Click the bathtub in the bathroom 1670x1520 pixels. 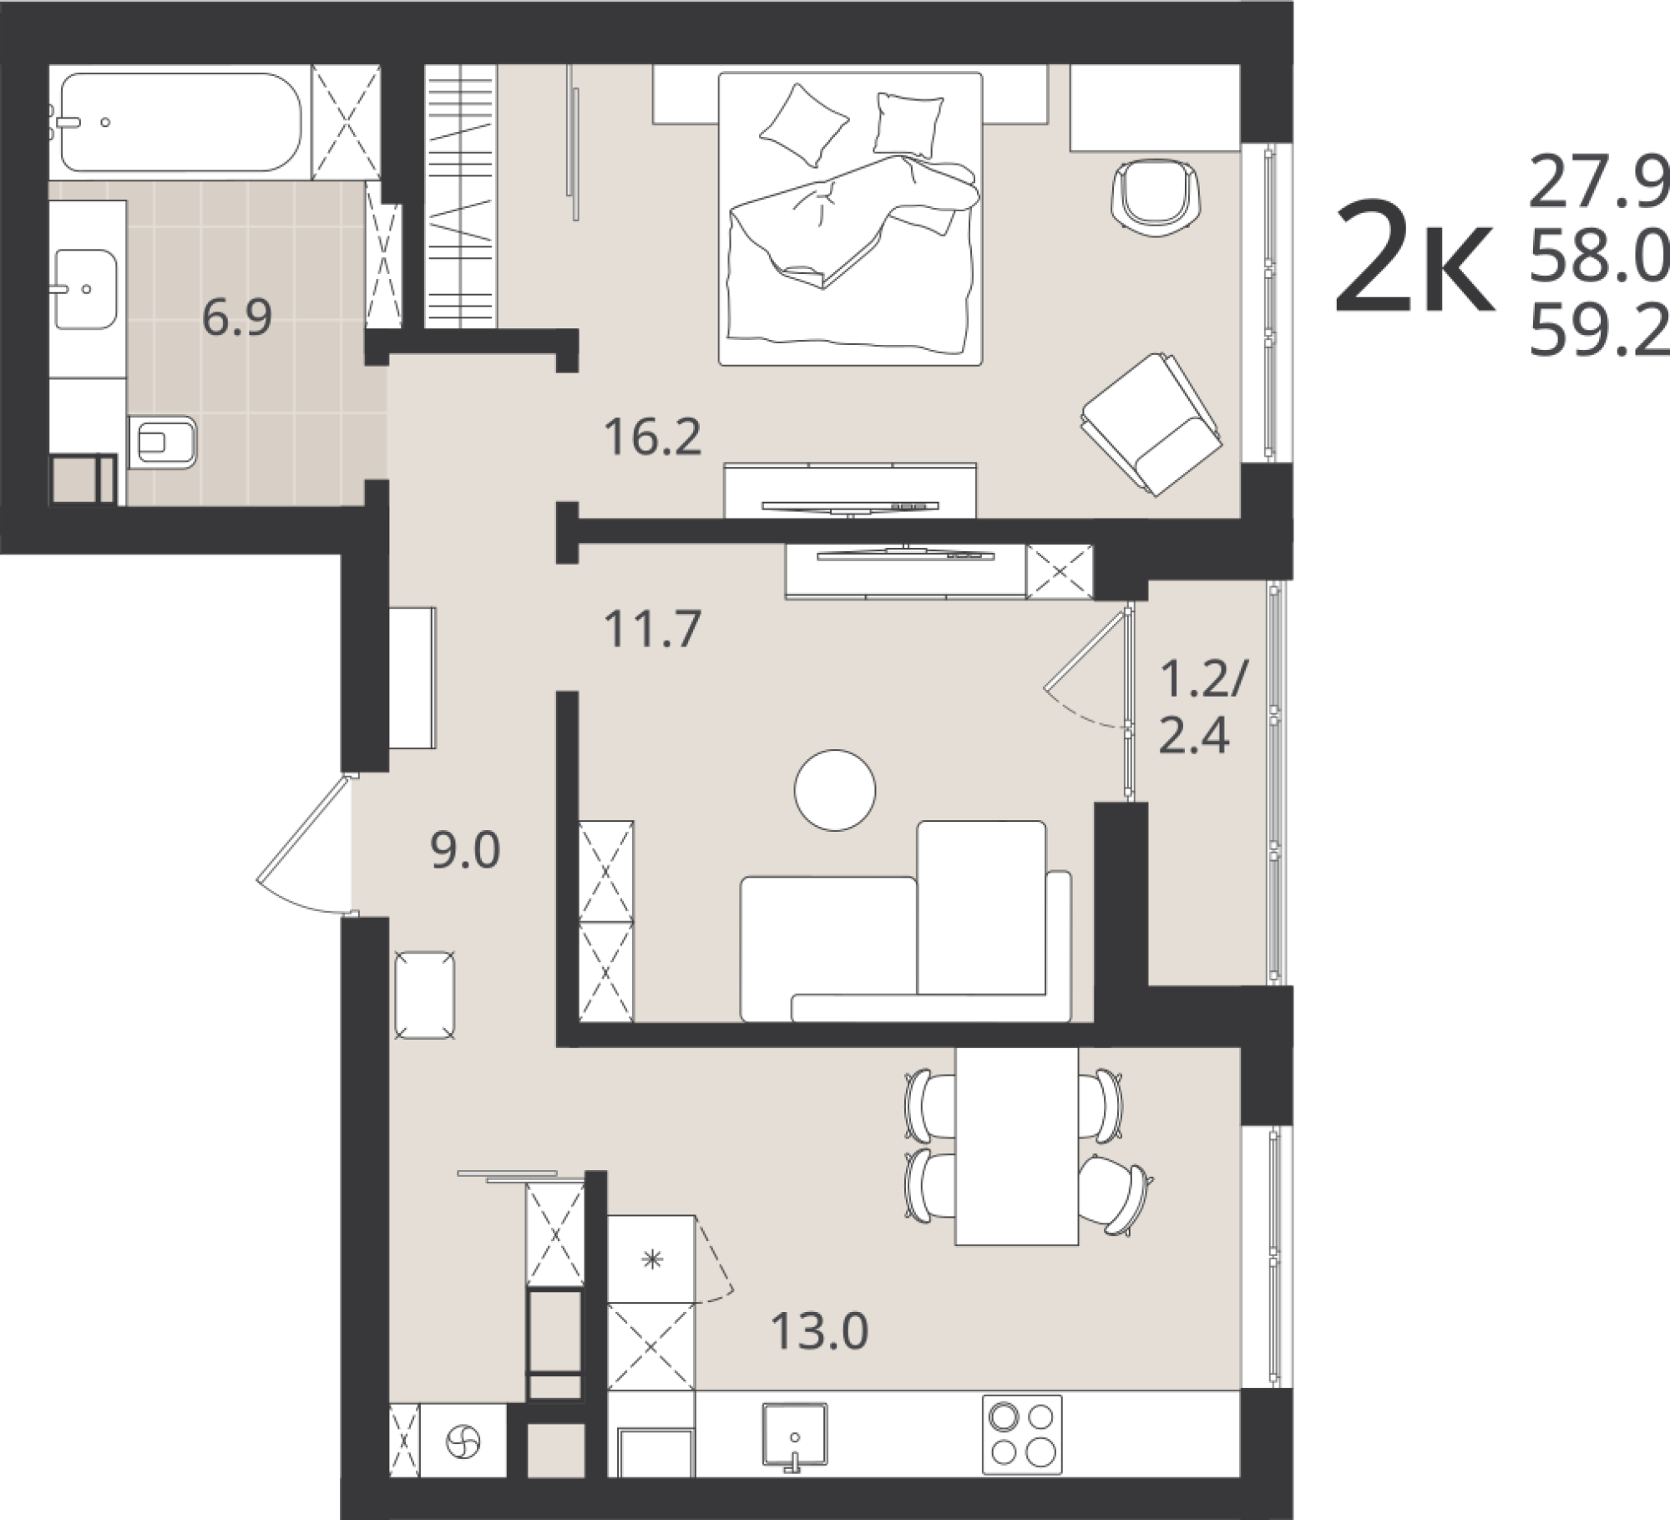[x=180, y=122]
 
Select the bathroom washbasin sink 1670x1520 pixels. [x=85, y=289]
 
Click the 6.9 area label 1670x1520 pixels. [x=237, y=318]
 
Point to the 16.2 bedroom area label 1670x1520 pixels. [x=654, y=437]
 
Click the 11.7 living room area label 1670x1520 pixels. [x=653, y=629]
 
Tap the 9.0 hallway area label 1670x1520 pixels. [x=465, y=851]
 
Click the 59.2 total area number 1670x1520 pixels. [x=1597, y=332]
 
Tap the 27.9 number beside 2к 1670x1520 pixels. [x=1597, y=185]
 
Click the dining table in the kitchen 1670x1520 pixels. [x=1016, y=1146]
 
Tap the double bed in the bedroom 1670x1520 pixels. [x=850, y=219]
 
